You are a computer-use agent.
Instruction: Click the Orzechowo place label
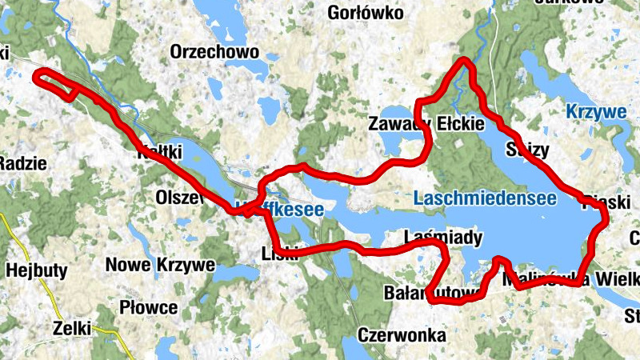point(214,52)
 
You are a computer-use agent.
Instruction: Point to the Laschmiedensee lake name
point(486,198)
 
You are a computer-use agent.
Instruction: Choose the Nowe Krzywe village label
point(161,265)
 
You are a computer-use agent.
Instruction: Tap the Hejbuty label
point(36,270)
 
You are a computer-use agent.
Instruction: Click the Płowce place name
point(148,307)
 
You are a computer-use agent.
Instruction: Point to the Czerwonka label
point(402,335)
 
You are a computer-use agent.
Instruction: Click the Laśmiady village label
point(443,238)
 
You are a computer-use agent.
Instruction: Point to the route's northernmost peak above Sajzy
point(464,62)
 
